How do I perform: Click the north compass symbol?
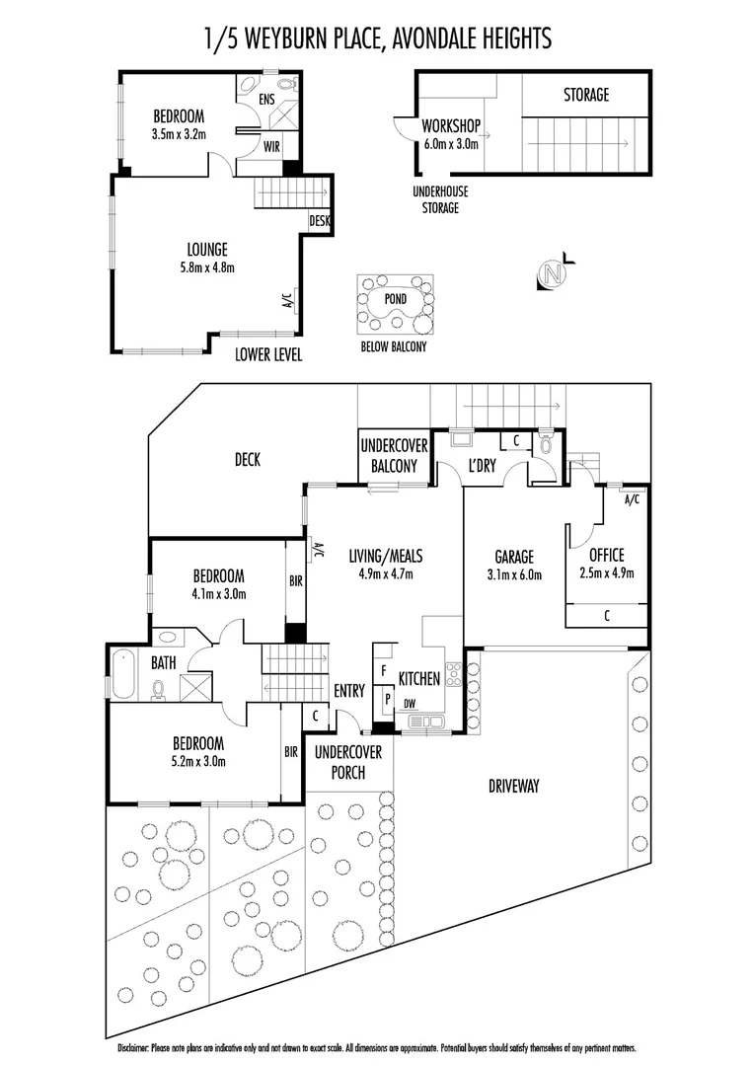555,272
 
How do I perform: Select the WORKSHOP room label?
450,127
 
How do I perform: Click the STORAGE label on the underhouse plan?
586,96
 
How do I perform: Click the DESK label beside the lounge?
319,221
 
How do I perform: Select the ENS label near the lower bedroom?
266,99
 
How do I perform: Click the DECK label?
247,460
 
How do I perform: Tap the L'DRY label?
482,466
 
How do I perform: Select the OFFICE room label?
606,556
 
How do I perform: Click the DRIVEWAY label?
513,787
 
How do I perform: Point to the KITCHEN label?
418,679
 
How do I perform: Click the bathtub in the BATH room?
121,674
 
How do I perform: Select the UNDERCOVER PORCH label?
339,762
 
